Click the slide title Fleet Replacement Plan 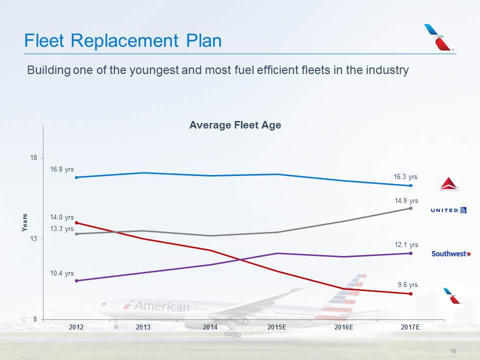pyautogui.click(x=123, y=40)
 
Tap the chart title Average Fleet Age pyautogui.click(x=235, y=125)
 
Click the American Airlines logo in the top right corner pyautogui.click(x=438, y=37)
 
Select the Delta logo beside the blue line pyautogui.click(x=448, y=183)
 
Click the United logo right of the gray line pyautogui.click(x=448, y=210)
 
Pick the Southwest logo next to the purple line pyautogui.click(x=451, y=253)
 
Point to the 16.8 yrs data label pyautogui.click(x=62, y=169)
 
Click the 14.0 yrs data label pyautogui.click(x=62, y=217)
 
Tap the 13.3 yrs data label pyautogui.click(x=62, y=228)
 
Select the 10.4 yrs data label pyautogui.click(x=62, y=273)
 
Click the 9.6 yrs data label pyautogui.click(x=407, y=284)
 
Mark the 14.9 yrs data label pyautogui.click(x=406, y=200)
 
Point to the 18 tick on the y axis pyautogui.click(x=33, y=158)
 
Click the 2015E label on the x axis pyautogui.click(x=276, y=327)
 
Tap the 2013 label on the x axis pyautogui.click(x=143, y=327)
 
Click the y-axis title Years pyautogui.click(x=24, y=222)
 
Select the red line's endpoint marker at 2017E pyautogui.click(x=410, y=293)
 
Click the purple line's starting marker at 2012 pyautogui.click(x=76, y=280)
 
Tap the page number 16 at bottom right pyautogui.click(x=453, y=351)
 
